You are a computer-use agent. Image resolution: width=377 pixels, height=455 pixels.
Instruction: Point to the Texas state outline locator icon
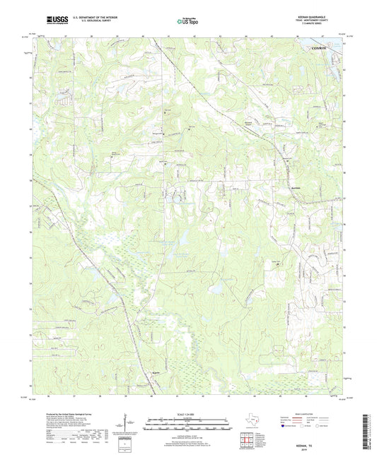click(x=251, y=423)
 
